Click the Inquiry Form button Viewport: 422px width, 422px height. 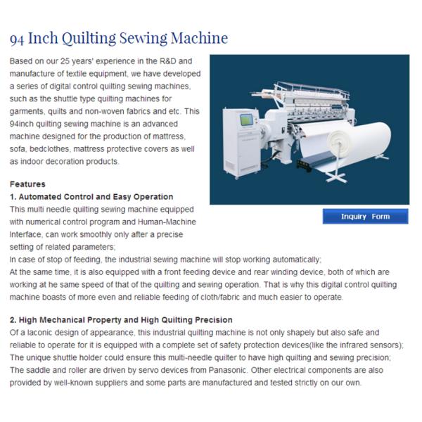click(x=365, y=217)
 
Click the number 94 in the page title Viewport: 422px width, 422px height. click(x=17, y=39)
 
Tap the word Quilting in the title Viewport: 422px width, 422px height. click(x=89, y=38)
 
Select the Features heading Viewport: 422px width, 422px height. click(x=27, y=184)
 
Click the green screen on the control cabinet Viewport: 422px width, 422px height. click(x=246, y=120)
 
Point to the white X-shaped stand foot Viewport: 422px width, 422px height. click(x=335, y=177)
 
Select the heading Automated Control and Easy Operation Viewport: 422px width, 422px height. click(x=96, y=197)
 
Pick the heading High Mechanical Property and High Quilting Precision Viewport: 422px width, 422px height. click(x=126, y=320)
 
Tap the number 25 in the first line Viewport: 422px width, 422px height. click(x=65, y=61)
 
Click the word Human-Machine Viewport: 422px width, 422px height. click(x=167, y=222)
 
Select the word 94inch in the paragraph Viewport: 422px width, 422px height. click(x=22, y=124)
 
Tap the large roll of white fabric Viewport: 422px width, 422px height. click(x=355, y=140)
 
